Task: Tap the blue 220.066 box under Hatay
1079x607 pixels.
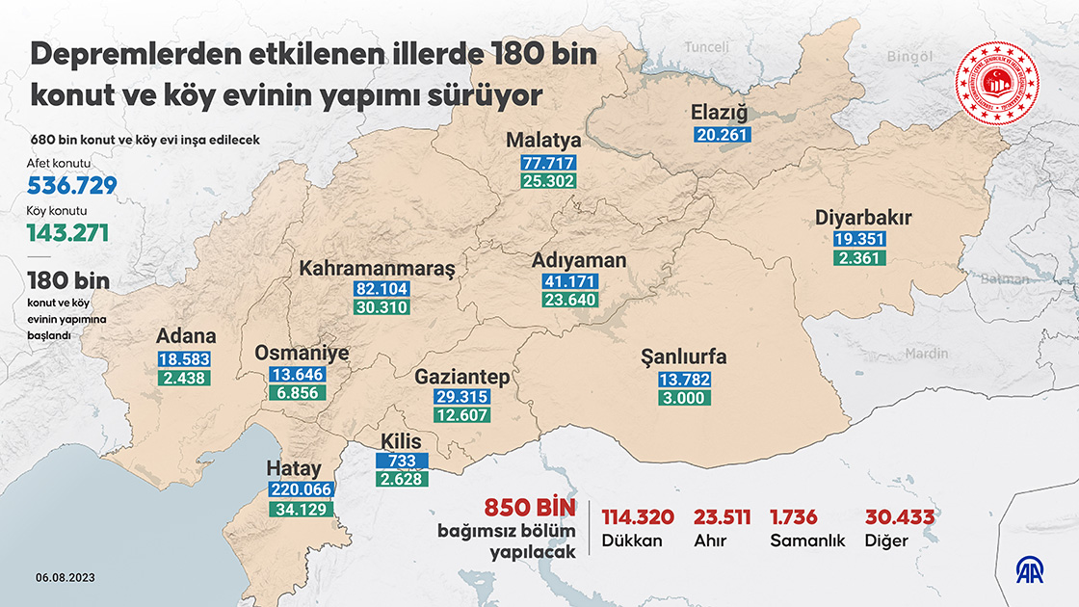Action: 302,489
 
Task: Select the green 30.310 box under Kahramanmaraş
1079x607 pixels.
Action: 382,308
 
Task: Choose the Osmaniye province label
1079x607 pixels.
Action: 301,354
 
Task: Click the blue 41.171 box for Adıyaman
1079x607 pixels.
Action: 569,281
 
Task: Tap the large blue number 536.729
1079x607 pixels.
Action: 72,187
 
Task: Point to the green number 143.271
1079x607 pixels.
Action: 67,233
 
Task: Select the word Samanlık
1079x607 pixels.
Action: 807,541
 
